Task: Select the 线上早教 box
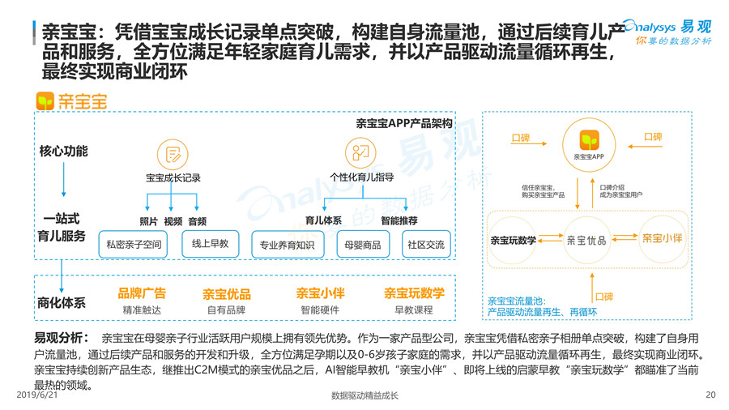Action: click(210, 243)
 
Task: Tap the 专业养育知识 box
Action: click(288, 244)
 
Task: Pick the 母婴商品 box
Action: click(362, 244)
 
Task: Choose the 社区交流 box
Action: click(426, 244)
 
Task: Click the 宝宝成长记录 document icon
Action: click(173, 155)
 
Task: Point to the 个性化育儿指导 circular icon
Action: click(360, 152)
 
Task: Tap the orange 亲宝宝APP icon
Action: click(589, 139)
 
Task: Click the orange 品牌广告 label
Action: click(142, 293)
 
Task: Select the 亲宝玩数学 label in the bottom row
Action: click(414, 293)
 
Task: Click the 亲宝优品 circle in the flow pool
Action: click(586, 240)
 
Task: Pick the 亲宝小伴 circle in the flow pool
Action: click(662, 239)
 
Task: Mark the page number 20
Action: click(710, 396)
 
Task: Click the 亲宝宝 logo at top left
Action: click(71, 101)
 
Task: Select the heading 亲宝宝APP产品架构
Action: click(403, 124)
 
